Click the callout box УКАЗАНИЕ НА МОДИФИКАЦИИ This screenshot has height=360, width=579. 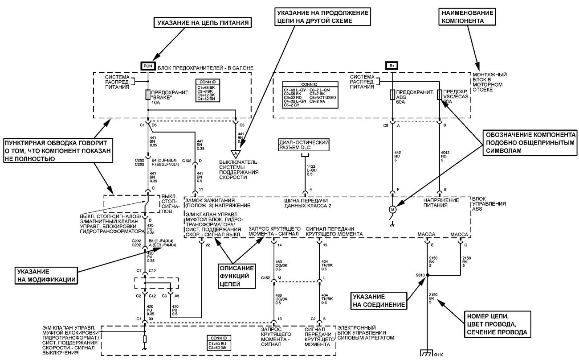coord(38,274)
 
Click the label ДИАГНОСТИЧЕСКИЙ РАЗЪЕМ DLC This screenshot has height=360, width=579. coord(304,145)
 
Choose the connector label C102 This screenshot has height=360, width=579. coord(186,160)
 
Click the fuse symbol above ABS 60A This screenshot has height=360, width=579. coord(392,95)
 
